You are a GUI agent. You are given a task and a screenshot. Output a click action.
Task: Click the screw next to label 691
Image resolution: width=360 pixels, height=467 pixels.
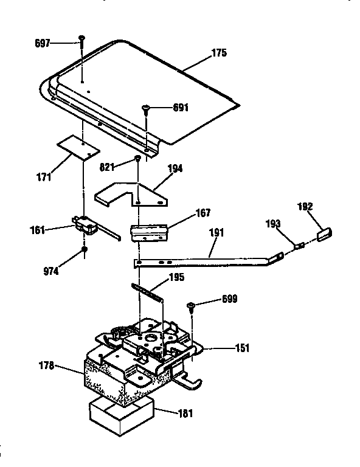(147, 109)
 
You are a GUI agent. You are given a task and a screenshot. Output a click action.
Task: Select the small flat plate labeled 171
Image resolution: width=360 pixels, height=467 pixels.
(78, 148)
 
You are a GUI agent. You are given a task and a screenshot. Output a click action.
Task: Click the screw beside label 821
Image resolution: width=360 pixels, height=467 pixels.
(139, 159)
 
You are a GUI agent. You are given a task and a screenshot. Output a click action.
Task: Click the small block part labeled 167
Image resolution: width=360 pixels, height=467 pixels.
(149, 232)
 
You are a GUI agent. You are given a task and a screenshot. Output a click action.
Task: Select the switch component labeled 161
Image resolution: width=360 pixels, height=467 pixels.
(88, 227)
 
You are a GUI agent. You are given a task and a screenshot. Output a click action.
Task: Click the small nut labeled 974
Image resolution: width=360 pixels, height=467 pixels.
(84, 249)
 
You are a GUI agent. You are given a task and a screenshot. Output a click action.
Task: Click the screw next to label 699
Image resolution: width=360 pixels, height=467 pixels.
(191, 305)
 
